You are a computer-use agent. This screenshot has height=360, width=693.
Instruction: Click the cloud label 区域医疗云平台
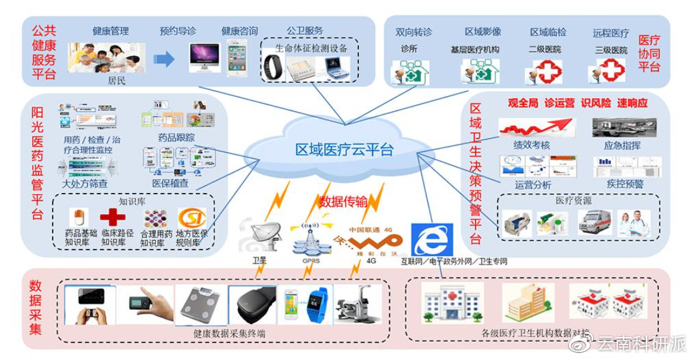[x=344, y=150]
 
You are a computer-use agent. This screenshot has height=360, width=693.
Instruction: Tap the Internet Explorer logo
[x=427, y=239]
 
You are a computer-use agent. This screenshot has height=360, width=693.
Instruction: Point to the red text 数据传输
[x=343, y=202]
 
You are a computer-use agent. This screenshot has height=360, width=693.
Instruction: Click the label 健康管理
[x=111, y=30]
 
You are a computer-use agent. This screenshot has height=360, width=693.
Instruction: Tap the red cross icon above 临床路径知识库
[x=112, y=217]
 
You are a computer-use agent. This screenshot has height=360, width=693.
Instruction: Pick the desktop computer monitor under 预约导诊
[x=204, y=58]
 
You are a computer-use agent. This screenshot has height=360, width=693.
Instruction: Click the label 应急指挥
[x=622, y=145]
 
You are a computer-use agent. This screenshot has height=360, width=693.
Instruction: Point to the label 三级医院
[x=611, y=50]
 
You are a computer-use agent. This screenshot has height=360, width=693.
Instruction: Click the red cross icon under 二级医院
[x=545, y=71]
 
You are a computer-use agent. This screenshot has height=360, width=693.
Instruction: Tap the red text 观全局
[x=522, y=103]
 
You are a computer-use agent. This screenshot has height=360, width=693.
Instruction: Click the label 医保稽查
[x=170, y=184]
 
